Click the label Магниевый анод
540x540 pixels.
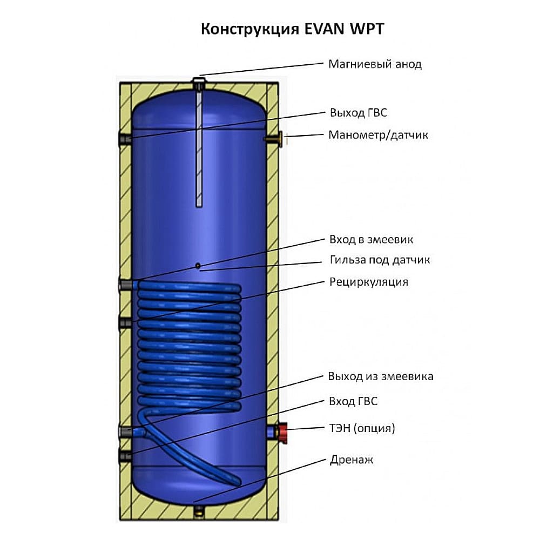click(x=375, y=64)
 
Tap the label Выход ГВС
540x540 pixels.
click(x=358, y=113)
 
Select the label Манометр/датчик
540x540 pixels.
click(x=378, y=135)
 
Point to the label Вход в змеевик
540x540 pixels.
click(x=371, y=239)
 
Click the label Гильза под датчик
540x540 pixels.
click(x=380, y=260)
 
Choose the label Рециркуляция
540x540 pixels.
click(x=368, y=282)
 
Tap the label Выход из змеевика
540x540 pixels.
click(x=380, y=376)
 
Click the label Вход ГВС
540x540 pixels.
click(x=353, y=402)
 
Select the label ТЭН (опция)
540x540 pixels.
click(x=362, y=429)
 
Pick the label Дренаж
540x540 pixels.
click(x=351, y=460)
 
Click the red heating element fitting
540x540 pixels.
click(x=282, y=432)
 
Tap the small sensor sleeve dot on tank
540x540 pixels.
click(x=198, y=265)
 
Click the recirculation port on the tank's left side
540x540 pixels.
click(x=125, y=323)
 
